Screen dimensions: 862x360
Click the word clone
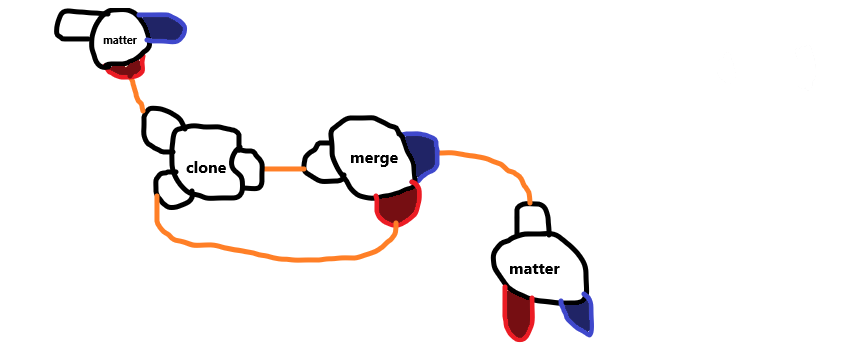coord(207,167)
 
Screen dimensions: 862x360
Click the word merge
coord(374,158)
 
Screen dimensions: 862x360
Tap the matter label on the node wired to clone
coord(119,40)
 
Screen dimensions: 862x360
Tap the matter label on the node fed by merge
coord(534,270)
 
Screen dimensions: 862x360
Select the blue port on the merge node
coord(421,153)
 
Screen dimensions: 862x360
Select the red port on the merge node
coord(397,206)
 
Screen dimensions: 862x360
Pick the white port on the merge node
coord(320,163)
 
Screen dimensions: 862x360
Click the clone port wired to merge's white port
coord(246,168)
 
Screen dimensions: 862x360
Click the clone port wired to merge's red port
coord(171,189)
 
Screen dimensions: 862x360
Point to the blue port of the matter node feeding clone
coord(162,28)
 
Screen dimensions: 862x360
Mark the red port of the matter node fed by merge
coord(517,314)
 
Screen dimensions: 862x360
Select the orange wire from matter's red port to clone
coord(137,94)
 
